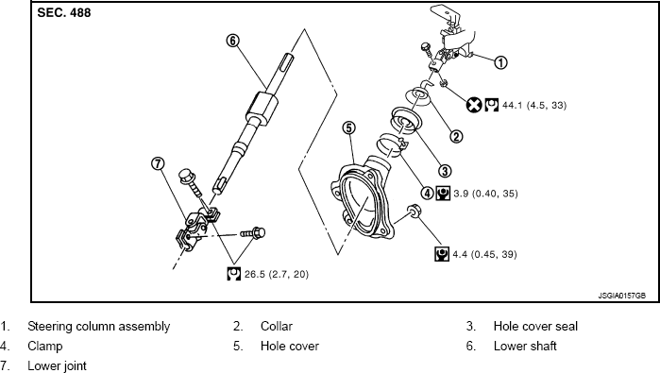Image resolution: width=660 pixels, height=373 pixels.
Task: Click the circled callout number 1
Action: click(x=501, y=63)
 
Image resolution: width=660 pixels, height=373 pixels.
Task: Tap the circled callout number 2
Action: click(x=456, y=136)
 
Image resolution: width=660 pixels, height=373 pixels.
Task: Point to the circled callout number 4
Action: click(x=427, y=193)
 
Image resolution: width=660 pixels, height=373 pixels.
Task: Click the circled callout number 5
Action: click(x=348, y=127)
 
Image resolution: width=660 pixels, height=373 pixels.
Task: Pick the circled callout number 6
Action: click(x=232, y=41)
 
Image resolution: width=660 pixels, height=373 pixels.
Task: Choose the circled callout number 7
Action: click(x=158, y=163)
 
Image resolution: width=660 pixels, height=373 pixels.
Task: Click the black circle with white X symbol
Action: click(x=474, y=105)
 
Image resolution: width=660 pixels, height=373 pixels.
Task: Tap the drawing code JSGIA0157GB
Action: click(x=620, y=295)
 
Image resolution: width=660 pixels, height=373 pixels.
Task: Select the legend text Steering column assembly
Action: click(x=99, y=327)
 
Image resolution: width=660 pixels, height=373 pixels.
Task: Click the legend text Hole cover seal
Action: click(x=535, y=327)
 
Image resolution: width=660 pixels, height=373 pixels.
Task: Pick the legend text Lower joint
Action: click(x=57, y=365)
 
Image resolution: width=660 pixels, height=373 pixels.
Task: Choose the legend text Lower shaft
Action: click(x=525, y=346)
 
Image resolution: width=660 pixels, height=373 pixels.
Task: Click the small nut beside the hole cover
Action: click(x=413, y=209)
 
